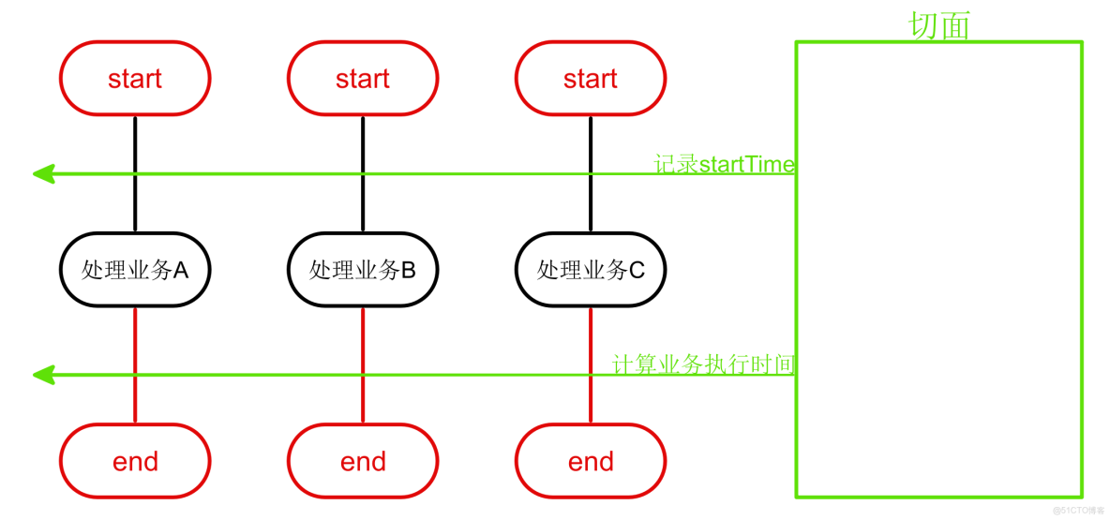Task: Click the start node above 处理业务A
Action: [135, 79]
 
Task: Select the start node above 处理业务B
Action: [363, 79]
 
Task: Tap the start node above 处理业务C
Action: [591, 79]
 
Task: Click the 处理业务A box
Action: [135, 271]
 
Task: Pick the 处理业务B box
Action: [363, 271]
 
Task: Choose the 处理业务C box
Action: [591, 271]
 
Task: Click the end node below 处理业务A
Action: [135, 461]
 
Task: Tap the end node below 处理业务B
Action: [363, 461]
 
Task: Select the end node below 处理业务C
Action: [591, 461]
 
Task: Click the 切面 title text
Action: [939, 25]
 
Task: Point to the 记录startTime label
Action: [724, 164]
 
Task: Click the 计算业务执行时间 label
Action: [703, 364]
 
